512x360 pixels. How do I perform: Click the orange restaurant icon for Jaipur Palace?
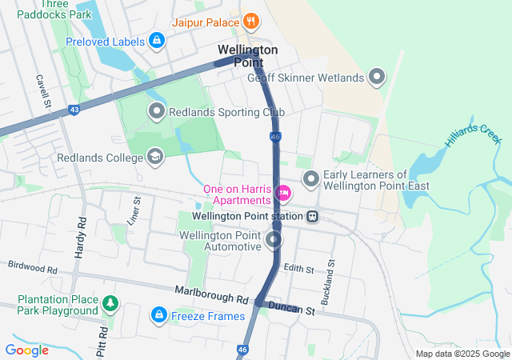tap(250, 21)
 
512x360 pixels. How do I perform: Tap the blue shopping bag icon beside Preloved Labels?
tap(157, 40)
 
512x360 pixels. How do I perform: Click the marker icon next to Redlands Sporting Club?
tap(157, 111)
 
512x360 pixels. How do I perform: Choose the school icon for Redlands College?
tap(155, 156)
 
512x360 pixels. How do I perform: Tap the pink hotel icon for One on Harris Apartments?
tap(282, 193)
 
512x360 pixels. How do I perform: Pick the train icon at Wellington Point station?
tap(313, 216)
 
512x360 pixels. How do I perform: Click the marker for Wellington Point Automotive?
tap(274, 240)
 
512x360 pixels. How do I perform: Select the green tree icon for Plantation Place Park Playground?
tap(110, 304)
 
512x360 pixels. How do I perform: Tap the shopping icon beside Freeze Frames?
tap(159, 316)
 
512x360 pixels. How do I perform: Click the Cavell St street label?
tap(43, 92)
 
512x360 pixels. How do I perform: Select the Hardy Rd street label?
tap(80, 237)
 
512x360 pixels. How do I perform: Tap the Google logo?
tap(27, 350)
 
